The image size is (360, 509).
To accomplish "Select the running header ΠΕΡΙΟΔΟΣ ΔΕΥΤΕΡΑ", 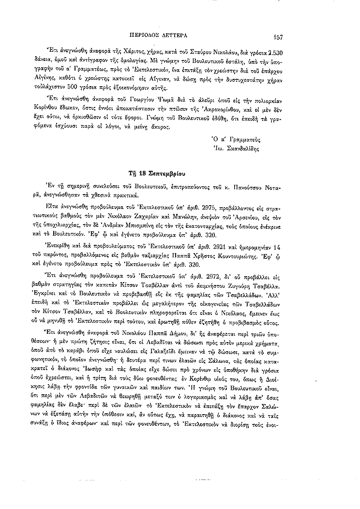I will click(x=162, y=36).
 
